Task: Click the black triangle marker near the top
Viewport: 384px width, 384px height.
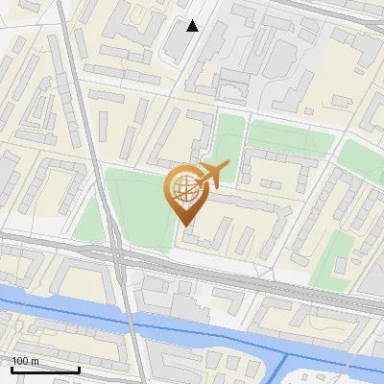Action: point(193,26)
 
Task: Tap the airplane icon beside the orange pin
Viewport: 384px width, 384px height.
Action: point(213,176)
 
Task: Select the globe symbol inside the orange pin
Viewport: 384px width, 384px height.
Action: point(185,190)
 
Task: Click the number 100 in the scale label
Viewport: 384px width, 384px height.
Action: point(20,360)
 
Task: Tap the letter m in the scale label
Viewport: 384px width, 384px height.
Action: point(36,360)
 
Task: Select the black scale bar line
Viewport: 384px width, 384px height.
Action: point(45,370)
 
